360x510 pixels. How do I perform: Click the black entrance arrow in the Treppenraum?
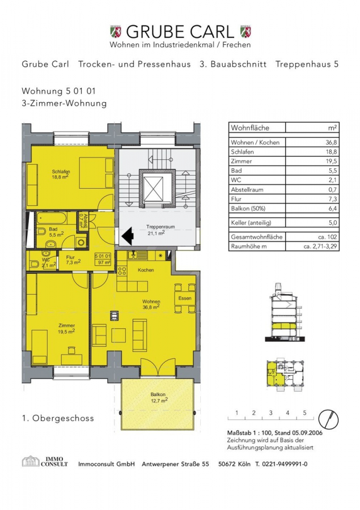click(128, 236)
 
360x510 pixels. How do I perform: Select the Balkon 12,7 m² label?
click(159, 397)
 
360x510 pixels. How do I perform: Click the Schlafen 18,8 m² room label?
click(61, 175)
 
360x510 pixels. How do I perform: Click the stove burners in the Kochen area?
click(122, 271)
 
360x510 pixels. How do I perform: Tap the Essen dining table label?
click(185, 298)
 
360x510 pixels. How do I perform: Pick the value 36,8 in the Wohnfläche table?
click(332, 142)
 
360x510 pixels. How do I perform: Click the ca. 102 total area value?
click(328, 237)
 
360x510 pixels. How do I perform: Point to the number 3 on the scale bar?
click(271, 413)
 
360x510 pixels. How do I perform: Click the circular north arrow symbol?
click(328, 419)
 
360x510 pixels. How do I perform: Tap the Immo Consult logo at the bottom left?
click(45, 461)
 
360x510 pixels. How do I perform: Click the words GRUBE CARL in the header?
click(180, 32)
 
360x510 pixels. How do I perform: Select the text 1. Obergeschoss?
click(58, 418)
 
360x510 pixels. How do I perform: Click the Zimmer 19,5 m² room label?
click(66, 329)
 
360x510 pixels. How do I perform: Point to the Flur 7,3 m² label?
click(73, 260)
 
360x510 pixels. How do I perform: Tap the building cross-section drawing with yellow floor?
click(286, 312)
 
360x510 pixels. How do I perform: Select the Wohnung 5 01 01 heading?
click(59, 91)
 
